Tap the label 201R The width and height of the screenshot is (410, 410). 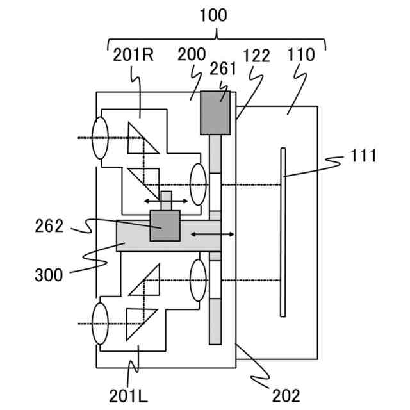(133, 55)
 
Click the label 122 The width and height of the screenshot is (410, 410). (256, 55)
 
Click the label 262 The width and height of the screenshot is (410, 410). (50, 226)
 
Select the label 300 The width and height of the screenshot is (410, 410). (50, 275)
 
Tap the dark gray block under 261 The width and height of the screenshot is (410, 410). (215, 113)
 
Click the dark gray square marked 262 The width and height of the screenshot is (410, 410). (165, 226)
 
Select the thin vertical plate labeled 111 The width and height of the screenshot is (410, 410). (283, 231)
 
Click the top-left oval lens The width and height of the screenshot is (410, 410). (100, 138)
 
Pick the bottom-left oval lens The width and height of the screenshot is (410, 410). (100, 324)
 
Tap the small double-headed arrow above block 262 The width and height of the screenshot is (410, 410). (166, 201)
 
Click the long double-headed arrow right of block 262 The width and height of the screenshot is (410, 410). (213, 235)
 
